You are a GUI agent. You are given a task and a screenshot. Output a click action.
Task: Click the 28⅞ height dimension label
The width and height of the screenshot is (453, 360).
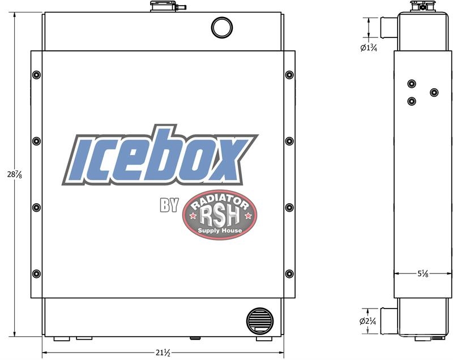click(x=15, y=175)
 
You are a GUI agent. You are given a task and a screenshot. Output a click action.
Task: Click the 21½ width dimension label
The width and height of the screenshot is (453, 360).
click(x=163, y=353)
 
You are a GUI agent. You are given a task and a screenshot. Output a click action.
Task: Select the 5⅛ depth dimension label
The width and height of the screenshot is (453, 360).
click(x=423, y=273)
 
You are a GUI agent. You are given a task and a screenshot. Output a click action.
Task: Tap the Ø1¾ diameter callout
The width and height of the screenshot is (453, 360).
click(x=369, y=48)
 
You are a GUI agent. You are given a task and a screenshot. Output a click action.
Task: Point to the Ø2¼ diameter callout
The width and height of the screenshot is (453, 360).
click(x=367, y=321)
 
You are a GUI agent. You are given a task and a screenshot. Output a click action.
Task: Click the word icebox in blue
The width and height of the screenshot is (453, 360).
click(x=160, y=156)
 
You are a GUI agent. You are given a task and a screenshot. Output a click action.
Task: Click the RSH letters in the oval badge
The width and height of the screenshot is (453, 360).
click(x=220, y=216)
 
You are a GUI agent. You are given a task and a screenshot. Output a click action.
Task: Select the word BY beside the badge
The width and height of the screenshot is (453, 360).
click(x=169, y=205)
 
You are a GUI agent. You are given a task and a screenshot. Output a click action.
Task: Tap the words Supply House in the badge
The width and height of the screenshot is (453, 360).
click(x=220, y=230)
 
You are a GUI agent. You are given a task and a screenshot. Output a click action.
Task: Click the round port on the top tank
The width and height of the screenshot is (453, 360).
click(x=222, y=27)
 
